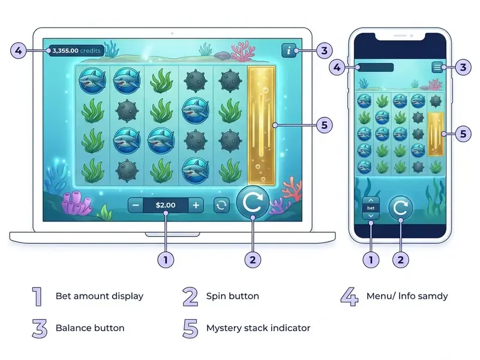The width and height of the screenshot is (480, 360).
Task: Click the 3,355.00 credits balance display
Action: tap(77, 50)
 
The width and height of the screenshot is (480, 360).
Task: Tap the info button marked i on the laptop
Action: tap(289, 50)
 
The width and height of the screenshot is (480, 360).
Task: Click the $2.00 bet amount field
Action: tap(166, 205)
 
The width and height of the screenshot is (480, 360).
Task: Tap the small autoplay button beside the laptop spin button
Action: tap(221, 205)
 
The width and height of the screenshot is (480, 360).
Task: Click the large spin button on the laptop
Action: tap(253, 202)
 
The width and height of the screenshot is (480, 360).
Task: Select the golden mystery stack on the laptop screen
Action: tap(262, 126)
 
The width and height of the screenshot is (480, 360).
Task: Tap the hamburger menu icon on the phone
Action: tap(437, 67)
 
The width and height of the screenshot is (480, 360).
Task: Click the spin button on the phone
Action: tap(401, 208)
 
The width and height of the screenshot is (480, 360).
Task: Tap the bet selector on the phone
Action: tap(371, 208)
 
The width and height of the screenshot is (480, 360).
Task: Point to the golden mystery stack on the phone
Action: tap(436, 134)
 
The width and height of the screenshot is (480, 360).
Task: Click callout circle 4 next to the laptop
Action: tap(19, 50)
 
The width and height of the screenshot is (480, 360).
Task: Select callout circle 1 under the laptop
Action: tap(166, 260)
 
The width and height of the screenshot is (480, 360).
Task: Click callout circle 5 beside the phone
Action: tap(463, 134)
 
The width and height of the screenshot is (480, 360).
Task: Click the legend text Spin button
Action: tap(233, 296)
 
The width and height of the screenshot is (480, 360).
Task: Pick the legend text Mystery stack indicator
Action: tap(259, 328)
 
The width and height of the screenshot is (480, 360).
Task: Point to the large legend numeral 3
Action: tap(40, 328)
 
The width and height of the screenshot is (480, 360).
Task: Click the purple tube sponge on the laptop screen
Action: tap(77, 203)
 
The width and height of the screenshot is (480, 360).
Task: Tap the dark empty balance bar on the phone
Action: tap(376, 67)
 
